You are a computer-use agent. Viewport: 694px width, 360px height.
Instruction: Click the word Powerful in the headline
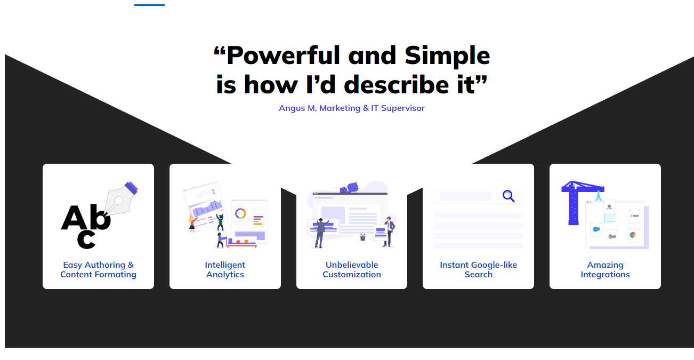[x=283, y=55]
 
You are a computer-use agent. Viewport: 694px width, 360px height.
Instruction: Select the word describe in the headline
[x=397, y=85]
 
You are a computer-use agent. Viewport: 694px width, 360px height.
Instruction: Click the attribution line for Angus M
[x=352, y=108]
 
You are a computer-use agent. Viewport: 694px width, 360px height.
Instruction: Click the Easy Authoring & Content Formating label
[x=98, y=269]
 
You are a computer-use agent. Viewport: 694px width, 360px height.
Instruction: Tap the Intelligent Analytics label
[x=225, y=269]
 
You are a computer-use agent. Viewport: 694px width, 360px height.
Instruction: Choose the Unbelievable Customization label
[x=352, y=269]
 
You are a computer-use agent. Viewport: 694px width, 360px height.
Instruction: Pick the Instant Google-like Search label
[x=478, y=269]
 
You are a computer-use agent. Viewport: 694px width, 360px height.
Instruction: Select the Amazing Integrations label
[x=605, y=269]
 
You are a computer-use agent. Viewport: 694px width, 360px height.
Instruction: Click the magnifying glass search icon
[x=509, y=196]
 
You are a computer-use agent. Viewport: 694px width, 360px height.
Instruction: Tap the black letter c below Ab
[x=86, y=239]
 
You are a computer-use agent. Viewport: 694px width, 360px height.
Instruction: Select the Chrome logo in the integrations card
[x=633, y=235]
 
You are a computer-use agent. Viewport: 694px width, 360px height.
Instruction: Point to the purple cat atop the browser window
[x=349, y=188]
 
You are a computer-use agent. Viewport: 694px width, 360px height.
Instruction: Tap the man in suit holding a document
[x=389, y=231]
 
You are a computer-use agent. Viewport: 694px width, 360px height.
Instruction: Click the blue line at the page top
[x=149, y=5]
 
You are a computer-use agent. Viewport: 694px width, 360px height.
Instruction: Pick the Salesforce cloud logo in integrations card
[x=596, y=229]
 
